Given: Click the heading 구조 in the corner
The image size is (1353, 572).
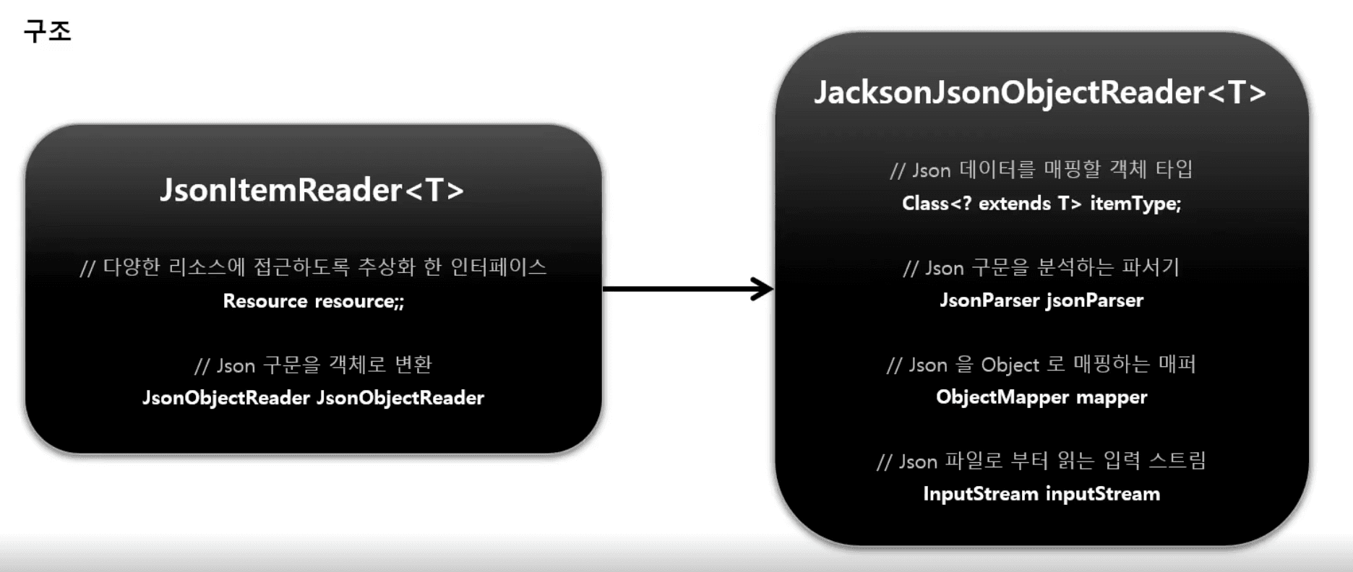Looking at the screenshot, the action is tap(48, 31).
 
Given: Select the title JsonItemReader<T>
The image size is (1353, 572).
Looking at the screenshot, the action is tap(312, 190).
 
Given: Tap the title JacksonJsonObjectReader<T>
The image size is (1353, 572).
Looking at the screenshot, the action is tap(1040, 92).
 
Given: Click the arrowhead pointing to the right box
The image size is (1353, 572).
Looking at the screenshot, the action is tap(762, 289).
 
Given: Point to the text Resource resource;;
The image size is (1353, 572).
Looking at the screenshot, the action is tap(314, 300).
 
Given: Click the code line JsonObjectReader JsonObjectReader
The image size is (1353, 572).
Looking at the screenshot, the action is tap(313, 398).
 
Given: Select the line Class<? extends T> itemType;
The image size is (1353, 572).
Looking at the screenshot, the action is tap(1041, 204).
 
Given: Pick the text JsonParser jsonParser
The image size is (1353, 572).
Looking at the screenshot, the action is tap(1041, 300).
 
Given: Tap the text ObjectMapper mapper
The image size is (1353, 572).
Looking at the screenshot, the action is tap(1041, 397).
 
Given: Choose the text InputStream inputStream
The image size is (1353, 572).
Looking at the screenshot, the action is tap(1041, 494).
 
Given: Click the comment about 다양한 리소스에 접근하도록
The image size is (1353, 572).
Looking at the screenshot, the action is tap(313, 267).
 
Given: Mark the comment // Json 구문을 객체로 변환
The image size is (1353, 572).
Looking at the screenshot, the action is tap(313, 365).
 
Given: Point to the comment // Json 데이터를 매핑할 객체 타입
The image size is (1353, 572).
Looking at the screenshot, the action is tap(1041, 170).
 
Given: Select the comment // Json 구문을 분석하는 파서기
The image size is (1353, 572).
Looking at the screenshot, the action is tap(1041, 267).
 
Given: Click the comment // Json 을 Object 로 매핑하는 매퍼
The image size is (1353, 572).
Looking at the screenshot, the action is tap(1041, 364).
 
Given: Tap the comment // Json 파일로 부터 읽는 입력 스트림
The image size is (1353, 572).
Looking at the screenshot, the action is tap(1041, 461).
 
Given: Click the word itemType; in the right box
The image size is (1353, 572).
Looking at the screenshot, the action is tap(1135, 204).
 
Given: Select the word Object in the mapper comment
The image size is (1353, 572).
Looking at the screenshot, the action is tap(1010, 365).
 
